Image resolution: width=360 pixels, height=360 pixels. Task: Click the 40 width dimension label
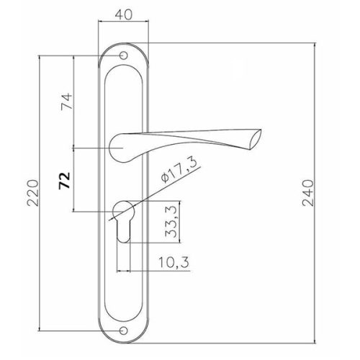click(x=124, y=15)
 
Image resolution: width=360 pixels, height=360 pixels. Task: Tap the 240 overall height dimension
click(x=308, y=193)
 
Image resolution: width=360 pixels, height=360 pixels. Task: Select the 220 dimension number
click(x=32, y=193)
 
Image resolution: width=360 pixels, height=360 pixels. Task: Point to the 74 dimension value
click(x=66, y=102)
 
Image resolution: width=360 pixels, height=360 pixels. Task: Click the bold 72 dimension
click(x=65, y=181)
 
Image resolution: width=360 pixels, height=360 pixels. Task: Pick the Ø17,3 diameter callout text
click(x=179, y=170)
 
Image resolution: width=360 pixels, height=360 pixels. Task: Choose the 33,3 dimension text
click(x=171, y=222)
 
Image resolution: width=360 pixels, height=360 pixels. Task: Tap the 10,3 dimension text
click(x=174, y=262)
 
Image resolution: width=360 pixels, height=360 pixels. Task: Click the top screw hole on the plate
click(x=123, y=55)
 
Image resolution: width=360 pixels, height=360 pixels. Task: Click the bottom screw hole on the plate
click(x=123, y=331)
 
